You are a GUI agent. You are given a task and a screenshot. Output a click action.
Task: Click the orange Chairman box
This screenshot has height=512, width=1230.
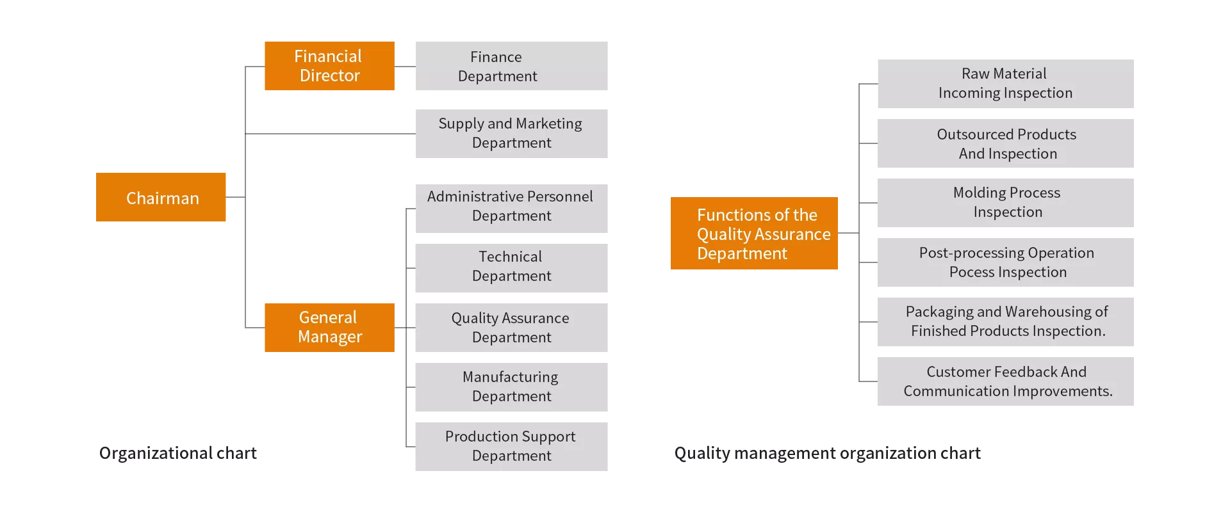tap(161, 197)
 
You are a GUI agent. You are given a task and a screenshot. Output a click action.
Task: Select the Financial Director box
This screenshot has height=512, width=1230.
tap(329, 66)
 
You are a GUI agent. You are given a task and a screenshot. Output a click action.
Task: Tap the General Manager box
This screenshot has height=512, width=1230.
tap(329, 328)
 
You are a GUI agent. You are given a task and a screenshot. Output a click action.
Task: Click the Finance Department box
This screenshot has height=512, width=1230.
tap(511, 66)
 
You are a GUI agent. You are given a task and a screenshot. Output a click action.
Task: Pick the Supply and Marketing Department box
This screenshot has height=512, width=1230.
tap(511, 134)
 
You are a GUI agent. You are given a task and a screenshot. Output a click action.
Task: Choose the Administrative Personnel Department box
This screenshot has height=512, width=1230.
tap(511, 209)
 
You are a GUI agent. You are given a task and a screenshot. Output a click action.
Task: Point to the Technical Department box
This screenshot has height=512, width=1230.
tap(511, 268)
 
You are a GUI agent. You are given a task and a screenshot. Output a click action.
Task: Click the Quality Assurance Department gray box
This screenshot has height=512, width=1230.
tap(511, 328)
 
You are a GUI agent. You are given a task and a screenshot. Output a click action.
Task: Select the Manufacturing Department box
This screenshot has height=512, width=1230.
tap(511, 387)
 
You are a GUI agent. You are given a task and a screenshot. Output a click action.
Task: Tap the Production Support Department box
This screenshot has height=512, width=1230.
tap(511, 447)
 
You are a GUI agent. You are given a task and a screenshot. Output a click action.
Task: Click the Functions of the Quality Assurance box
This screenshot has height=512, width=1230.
tap(754, 233)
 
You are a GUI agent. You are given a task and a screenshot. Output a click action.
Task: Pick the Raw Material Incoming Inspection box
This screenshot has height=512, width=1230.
tap(1005, 84)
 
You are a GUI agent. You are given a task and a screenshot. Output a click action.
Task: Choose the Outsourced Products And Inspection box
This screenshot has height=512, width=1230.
tap(1005, 143)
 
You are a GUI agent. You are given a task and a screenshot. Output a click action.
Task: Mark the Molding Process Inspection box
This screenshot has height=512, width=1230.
tap(1005, 203)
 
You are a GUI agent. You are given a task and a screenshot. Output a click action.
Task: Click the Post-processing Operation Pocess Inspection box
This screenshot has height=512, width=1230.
tap(1005, 262)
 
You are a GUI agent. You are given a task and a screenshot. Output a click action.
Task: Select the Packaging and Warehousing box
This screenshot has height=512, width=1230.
tap(1005, 322)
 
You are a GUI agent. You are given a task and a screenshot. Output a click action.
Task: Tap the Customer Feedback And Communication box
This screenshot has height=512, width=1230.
tap(1005, 381)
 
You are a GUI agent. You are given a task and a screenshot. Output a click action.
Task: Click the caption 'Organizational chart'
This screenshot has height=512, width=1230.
tap(178, 453)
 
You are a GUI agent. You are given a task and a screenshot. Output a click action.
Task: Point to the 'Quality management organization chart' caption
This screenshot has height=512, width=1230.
tap(828, 453)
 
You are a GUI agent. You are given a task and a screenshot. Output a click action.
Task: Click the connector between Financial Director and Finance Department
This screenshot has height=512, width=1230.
tap(405, 67)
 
